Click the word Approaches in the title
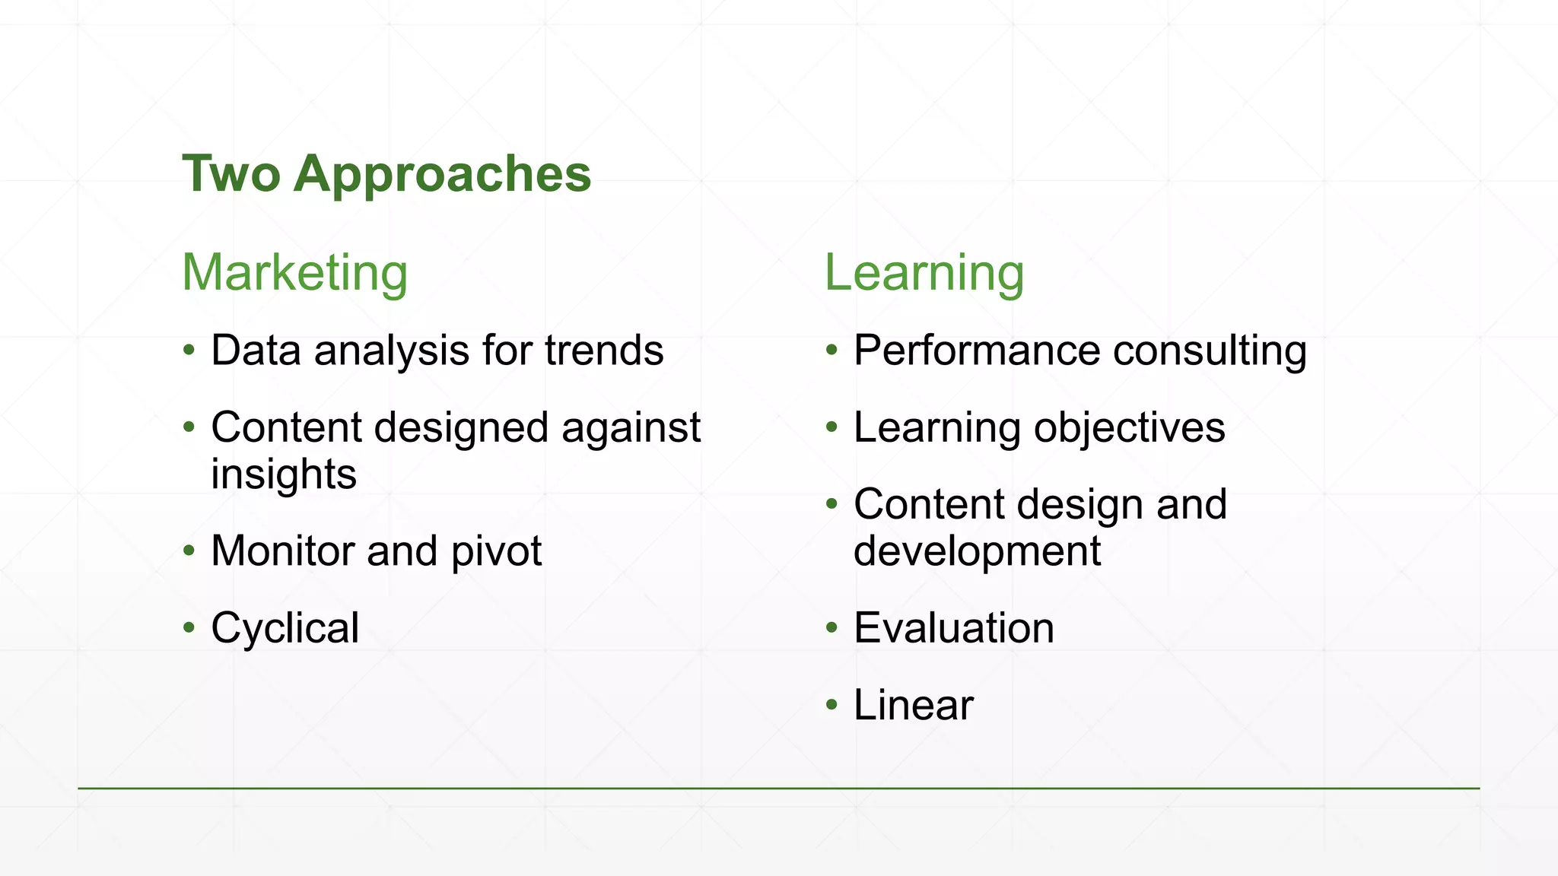pyautogui.click(x=442, y=175)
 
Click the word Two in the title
pyautogui.click(x=231, y=173)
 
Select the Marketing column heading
pyautogui.click(x=295, y=272)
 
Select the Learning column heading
pyautogui.click(x=924, y=272)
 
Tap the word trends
pyautogui.click(x=604, y=351)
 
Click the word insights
pyautogui.click(x=284, y=474)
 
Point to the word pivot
pyautogui.click(x=496, y=551)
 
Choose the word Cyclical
pyautogui.click(x=285, y=628)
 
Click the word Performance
pyautogui.click(x=977, y=351)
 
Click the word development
pyautogui.click(x=977, y=551)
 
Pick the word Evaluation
pyautogui.click(x=954, y=628)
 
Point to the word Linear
pyautogui.click(x=913, y=705)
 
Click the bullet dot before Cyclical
pyautogui.click(x=189, y=628)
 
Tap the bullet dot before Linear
pyautogui.click(x=831, y=705)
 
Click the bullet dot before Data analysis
pyautogui.click(x=189, y=351)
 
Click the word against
pyautogui.click(x=631, y=427)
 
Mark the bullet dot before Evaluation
pyautogui.click(x=831, y=628)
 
